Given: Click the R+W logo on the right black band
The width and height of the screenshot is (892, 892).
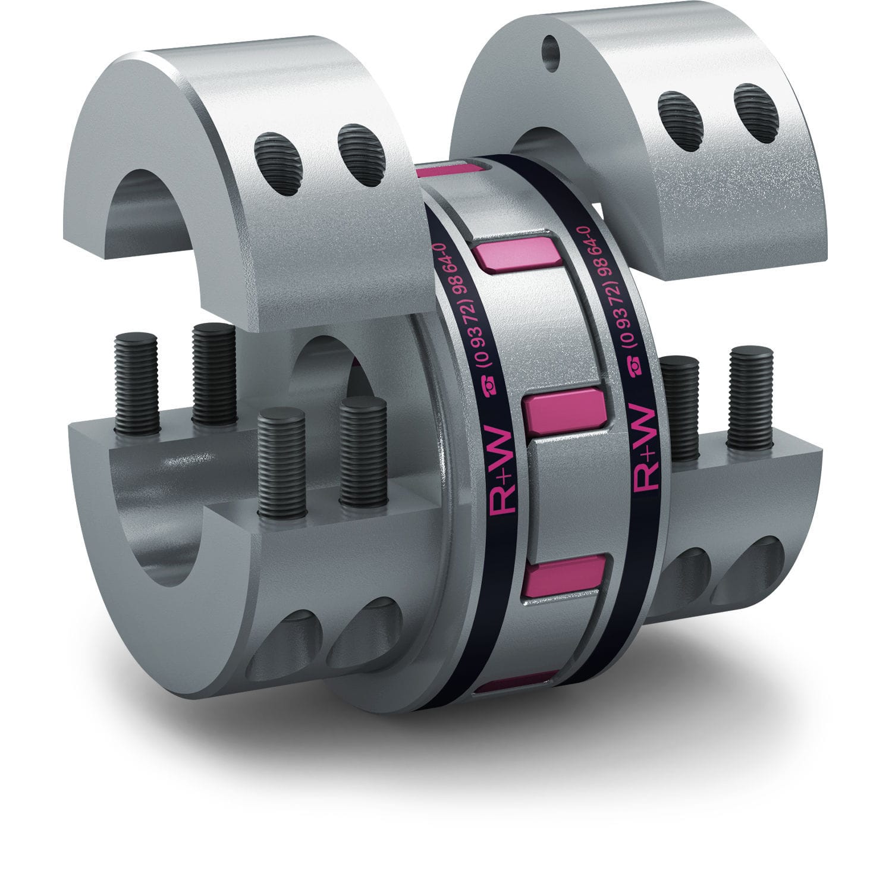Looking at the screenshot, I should point(645,449).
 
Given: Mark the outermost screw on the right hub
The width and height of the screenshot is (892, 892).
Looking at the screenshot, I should point(750,395).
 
